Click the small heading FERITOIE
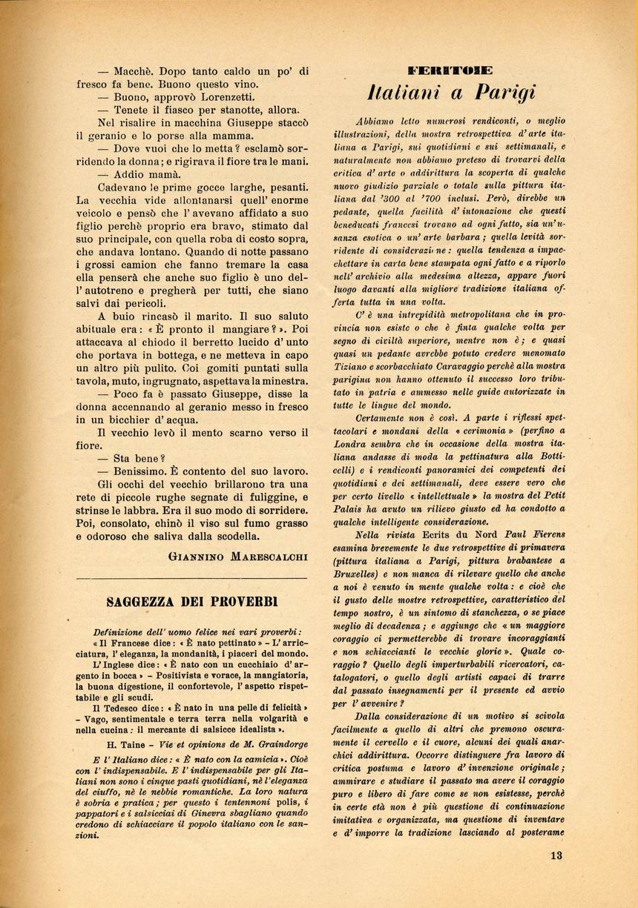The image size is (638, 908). tap(450, 71)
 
